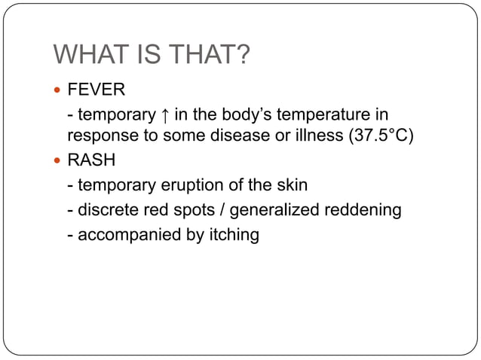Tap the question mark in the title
[242, 56]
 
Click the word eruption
[197, 186]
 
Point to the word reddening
[362, 210]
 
